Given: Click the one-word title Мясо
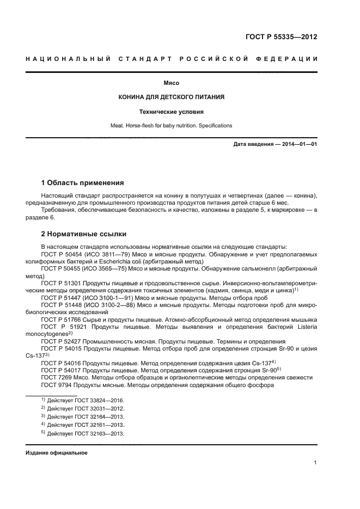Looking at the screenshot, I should [x=172, y=83].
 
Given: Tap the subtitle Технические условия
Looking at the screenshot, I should [x=172, y=112].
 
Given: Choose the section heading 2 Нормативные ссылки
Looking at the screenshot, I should [x=84, y=234].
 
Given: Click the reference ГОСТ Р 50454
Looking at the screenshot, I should [x=60, y=254].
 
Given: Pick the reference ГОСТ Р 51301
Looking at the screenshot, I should [x=60, y=282].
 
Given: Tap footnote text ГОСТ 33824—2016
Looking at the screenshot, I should [x=98, y=401].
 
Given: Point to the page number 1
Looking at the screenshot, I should [x=315, y=463].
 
